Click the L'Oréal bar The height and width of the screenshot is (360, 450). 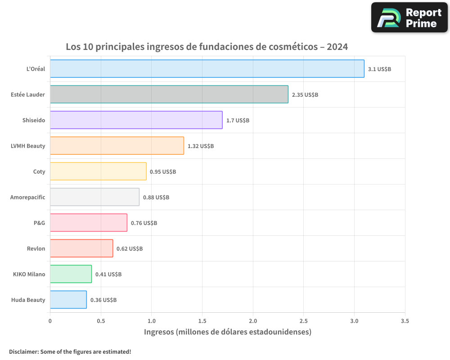pos(207,69)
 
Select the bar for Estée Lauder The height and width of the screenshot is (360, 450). pos(169,94)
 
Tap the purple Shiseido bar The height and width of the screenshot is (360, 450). pos(136,120)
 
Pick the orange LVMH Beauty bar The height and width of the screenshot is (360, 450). pos(117,146)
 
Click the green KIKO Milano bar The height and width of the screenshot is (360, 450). pos(71,274)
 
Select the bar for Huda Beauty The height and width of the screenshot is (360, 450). pos(68,300)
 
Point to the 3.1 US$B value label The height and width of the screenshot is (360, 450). pos(379,69)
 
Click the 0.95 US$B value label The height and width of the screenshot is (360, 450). pos(162,172)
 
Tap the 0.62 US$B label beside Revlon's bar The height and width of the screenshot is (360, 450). pos(130,249)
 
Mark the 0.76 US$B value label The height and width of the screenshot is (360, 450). pos(144,223)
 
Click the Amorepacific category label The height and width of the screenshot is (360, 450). pos(28,197)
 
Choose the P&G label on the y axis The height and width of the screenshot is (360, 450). pos(40,223)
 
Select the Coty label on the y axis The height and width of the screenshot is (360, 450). pos(39,171)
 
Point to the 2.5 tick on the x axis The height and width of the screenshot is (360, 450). pos(304,321)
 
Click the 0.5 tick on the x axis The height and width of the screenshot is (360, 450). pos(101,321)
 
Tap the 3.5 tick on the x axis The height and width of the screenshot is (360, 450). pos(405,321)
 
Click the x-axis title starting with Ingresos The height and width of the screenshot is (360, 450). pos(227,332)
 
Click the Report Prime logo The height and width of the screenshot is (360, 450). pos(409,18)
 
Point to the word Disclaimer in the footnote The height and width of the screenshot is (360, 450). pos(23,351)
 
